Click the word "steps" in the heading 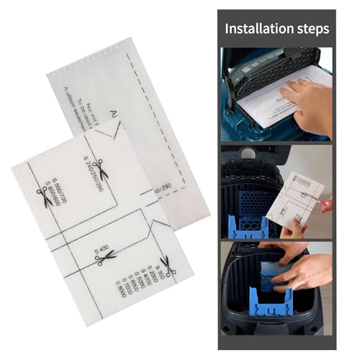pos(312,29)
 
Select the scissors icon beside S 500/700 pos(45,197)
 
